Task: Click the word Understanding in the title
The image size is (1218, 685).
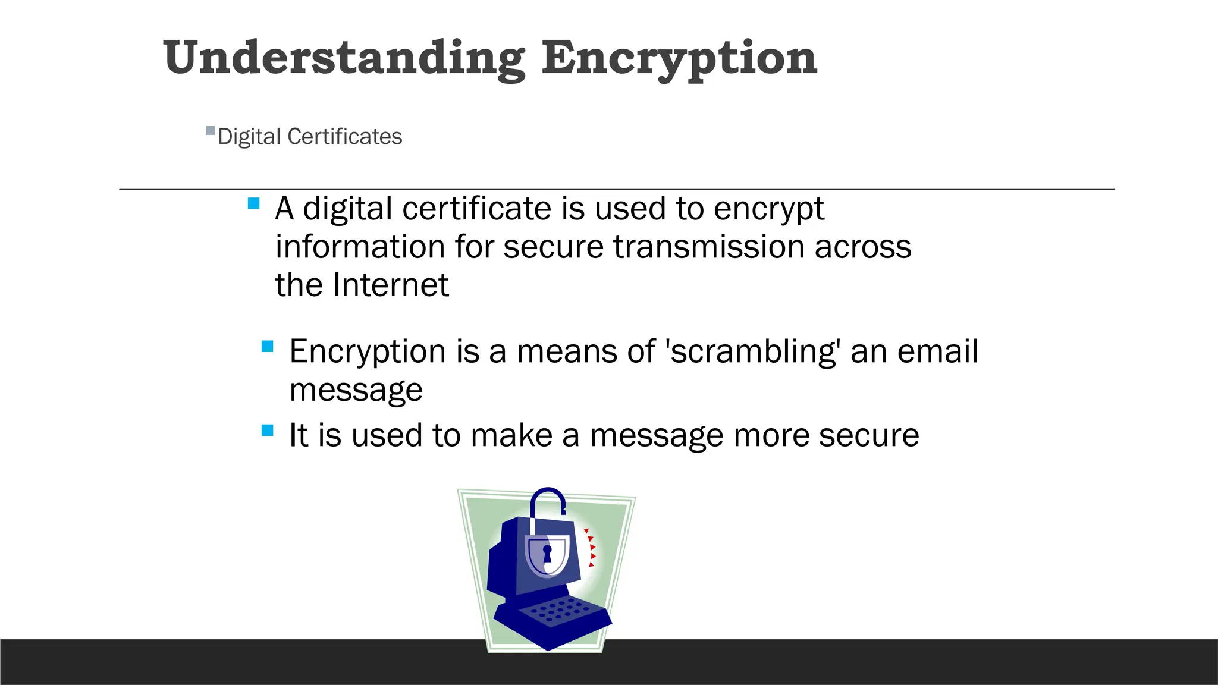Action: point(344,58)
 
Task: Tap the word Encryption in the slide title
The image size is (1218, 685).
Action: point(679,58)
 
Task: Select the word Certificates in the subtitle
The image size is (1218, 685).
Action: point(344,137)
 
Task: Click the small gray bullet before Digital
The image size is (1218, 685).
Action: point(210,130)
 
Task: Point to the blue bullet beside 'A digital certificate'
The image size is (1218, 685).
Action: point(253,203)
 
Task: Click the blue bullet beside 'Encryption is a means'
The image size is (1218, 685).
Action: point(268,346)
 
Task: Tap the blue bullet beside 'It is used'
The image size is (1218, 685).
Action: point(268,430)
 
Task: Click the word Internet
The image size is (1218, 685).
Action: point(390,285)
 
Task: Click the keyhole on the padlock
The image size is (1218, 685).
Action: point(547,553)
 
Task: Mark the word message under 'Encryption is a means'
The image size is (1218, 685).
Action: point(356,390)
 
